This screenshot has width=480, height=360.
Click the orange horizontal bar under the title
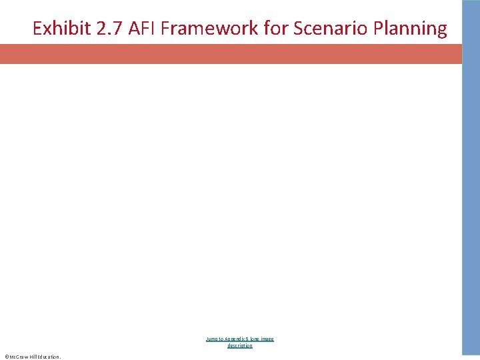[x=231, y=54]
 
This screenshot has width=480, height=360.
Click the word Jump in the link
[x=211, y=339]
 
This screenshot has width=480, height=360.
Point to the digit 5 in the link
[x=247, y=339]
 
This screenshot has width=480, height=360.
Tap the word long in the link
[x=255, y=339]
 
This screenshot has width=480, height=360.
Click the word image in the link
[x=268, y=339]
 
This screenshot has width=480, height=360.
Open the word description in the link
[x=240, y=345]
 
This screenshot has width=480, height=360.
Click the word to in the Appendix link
[x=220, y=339]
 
